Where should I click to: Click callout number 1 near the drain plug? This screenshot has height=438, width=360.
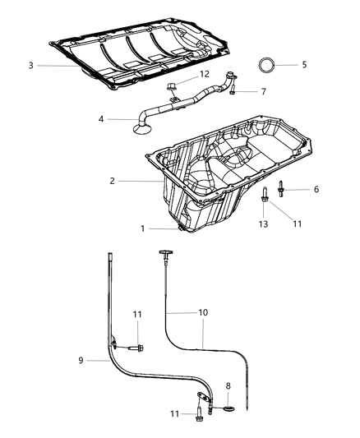click(x=141, y=228)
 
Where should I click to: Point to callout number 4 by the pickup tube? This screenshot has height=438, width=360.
click(x=102, y=119)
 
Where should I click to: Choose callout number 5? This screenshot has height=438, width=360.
click(x=303, y=64)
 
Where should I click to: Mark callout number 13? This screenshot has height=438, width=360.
click(x=263, y=224)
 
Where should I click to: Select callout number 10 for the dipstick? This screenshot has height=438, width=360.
click(x=203, y=313)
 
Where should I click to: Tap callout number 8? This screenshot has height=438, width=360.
click(x=228, y=385)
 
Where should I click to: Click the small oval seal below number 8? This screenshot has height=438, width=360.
click(x=227, y=402)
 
